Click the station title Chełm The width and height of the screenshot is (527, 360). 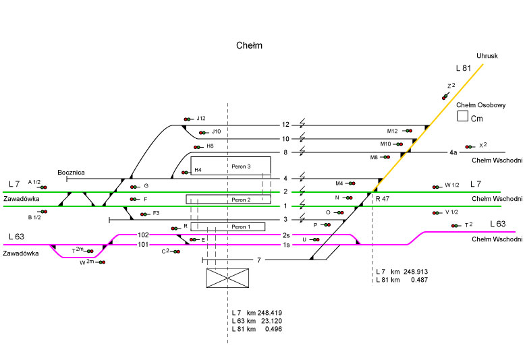249,46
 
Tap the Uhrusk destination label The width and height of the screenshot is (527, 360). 487,56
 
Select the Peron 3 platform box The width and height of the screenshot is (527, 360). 230,166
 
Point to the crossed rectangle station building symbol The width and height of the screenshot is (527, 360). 227,278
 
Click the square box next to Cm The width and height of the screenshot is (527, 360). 463,116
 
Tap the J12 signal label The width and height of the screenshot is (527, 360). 201,118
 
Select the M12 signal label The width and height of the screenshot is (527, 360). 393,131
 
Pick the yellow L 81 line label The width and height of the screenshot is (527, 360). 463,68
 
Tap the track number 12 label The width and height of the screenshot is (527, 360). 285,125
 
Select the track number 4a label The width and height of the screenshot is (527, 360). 454,152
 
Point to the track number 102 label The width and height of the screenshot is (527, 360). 142,235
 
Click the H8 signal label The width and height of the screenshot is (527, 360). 210,146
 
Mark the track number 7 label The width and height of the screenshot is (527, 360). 258,260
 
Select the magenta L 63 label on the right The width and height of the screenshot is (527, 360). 497,224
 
